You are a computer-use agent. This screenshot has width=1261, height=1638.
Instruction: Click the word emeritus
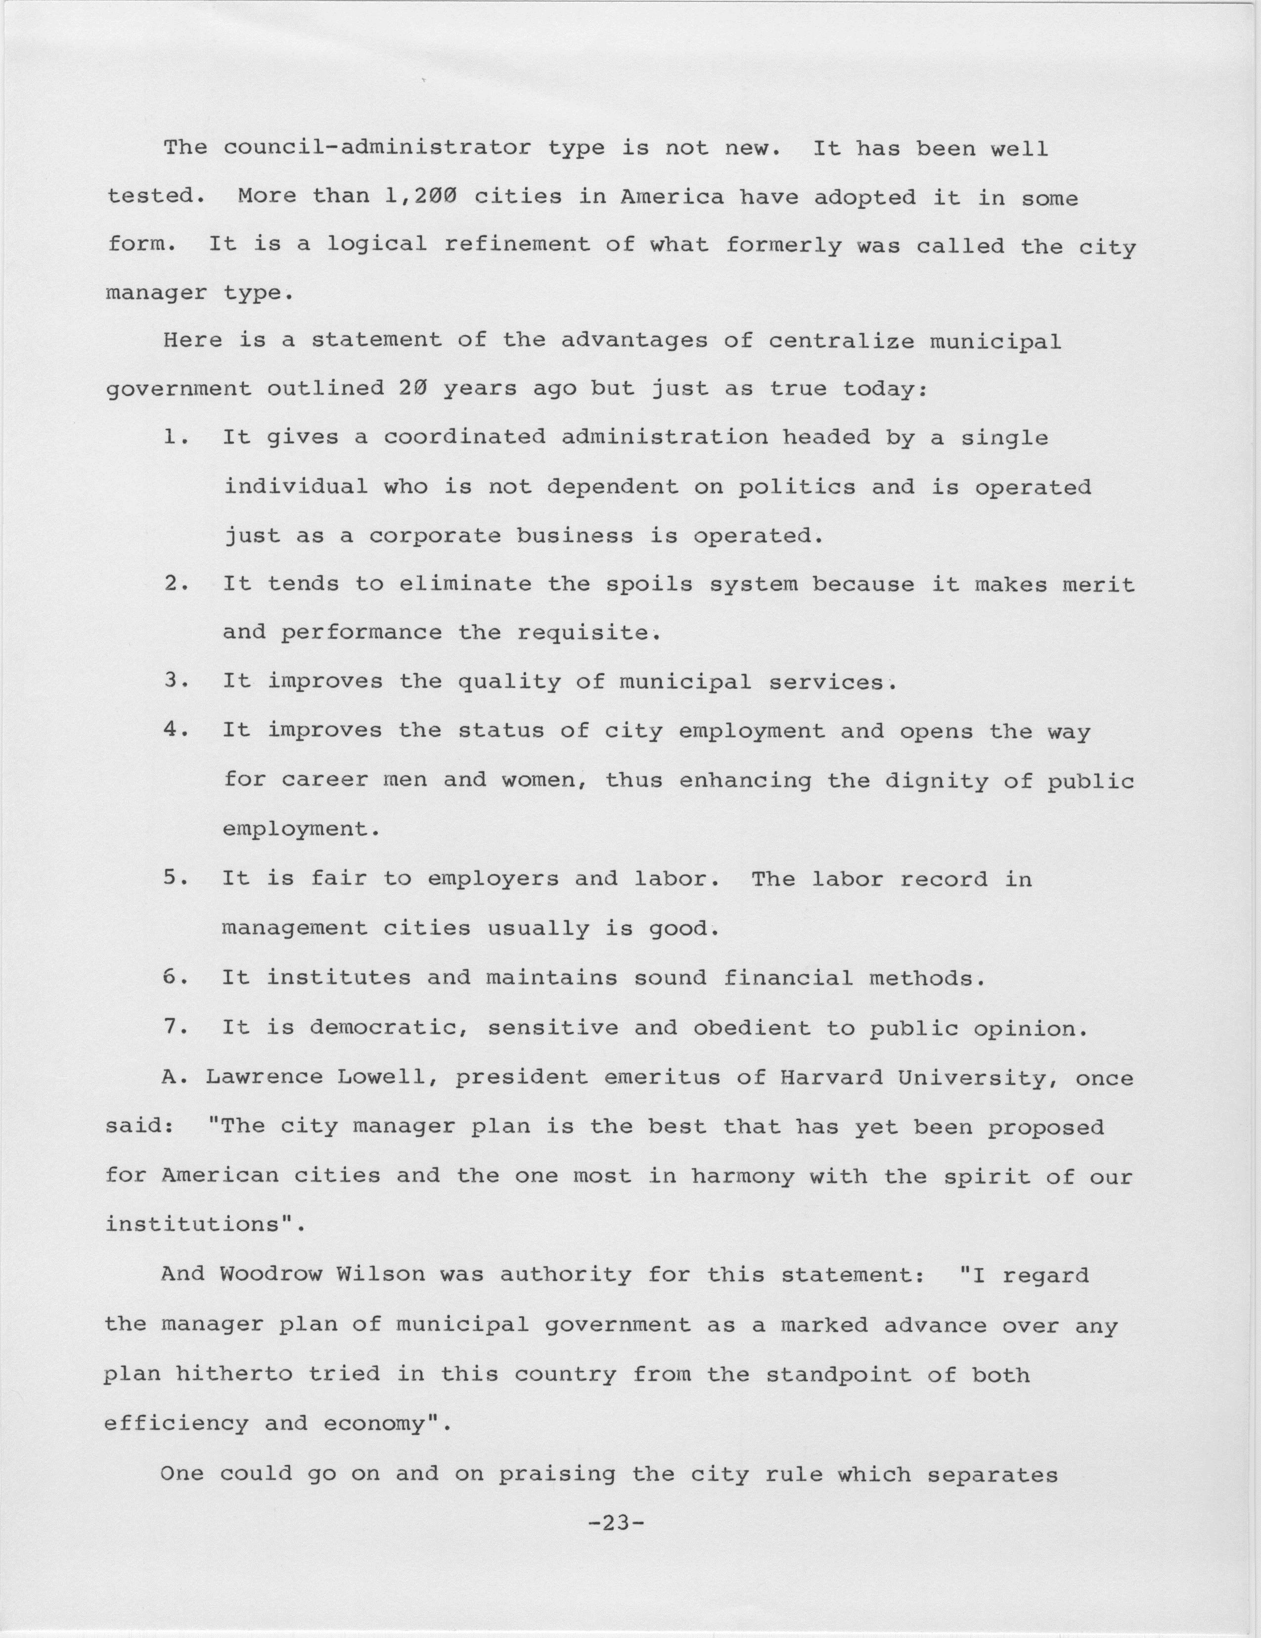[662, 1077]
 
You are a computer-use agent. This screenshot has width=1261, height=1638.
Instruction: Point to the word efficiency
[176, 1423]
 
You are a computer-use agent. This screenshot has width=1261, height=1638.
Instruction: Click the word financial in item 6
[789, 978]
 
